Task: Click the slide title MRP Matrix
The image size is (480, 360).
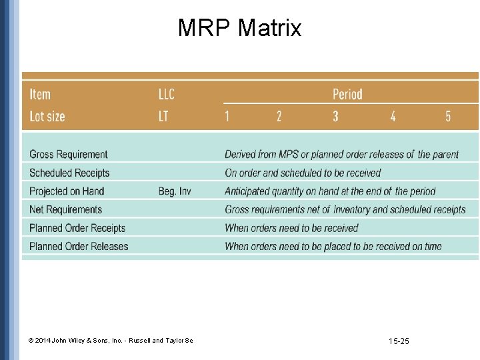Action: pyautogui.click(x=239, y=28)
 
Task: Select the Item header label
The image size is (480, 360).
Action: pyautogui.click(x=40, y=94)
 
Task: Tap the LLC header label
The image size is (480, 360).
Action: pyautogui.click(x=166, y=94)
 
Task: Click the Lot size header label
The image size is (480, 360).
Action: pyautogui.click(x=47, y=116)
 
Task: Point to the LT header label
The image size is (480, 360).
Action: pyautogui.click(x=163, y=116)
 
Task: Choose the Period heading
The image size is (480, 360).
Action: pyautogui.click(x=347, y=94)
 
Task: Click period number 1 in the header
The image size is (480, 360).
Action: pyautogui.click(x=227, y=116)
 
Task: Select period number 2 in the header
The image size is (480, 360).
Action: pyautogui.click(x=279, y=116)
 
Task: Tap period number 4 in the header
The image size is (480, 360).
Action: pyautogui.click(x=393, y=116)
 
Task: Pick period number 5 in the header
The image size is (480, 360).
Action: pyautogui.click(x=448, y=116)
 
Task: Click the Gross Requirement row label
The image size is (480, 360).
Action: pyautogui.click(x=68, y=155)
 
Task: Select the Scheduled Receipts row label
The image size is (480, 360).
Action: pyautogui.click(x=69, y=173)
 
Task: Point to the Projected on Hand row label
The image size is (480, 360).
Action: pyautogui.click(x=67, y=191)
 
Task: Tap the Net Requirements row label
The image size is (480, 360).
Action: pyautogui.click(x=65, y=209)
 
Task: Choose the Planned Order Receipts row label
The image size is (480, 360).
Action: pyautogui.click(x=77, y=228)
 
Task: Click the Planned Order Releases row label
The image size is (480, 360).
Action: pyautogui.click(x=79, y=246)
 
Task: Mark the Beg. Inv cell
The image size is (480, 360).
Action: pyautogui.click(x=175, y=191)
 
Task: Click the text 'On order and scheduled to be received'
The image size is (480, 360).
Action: pyautogui.click(x=303, y=173)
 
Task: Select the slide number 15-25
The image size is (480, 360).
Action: pyautogui.click(x=399, y=341)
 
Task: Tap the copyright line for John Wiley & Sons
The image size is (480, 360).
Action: pyautogui.click(x=111, y=341)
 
